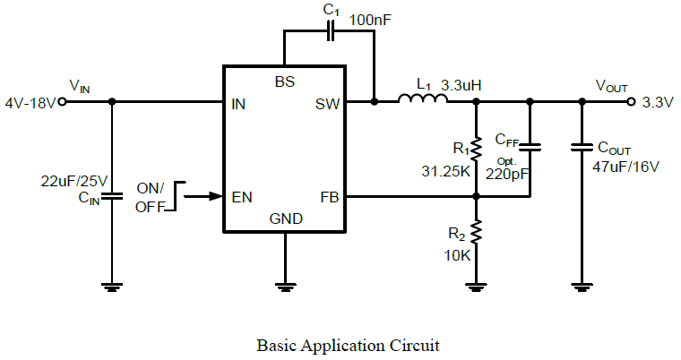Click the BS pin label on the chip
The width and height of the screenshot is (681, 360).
point(285,81)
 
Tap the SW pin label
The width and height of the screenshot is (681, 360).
point(327,104)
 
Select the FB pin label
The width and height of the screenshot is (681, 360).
point(329,196)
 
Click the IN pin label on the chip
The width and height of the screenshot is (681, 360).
point(238,104)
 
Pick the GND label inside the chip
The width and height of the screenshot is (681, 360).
point(286,219)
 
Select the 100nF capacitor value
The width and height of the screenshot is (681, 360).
point(367,19)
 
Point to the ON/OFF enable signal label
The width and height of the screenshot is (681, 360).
point(150,197)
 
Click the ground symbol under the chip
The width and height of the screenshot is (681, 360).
point(285,287)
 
